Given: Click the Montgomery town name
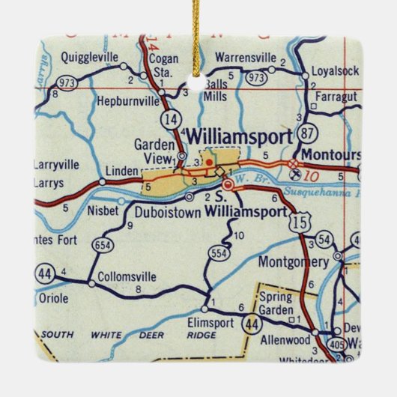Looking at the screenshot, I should (x=293, y=262).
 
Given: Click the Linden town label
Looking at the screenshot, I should (x=121, y=170).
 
